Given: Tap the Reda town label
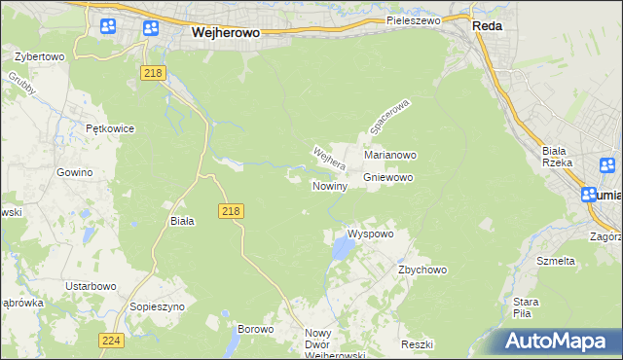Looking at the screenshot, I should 487,26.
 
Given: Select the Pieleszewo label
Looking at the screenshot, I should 413,19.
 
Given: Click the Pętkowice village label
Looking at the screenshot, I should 109,128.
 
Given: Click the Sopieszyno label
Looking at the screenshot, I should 157,306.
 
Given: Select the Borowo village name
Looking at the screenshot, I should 255,329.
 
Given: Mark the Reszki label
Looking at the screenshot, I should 416,344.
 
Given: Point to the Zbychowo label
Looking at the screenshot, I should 421,270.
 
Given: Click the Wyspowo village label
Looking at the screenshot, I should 370,234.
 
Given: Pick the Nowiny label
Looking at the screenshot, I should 329,186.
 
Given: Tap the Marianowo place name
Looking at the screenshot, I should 390,155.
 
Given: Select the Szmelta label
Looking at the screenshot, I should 556,261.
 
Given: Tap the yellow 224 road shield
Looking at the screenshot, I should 110,340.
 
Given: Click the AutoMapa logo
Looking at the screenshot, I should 558,342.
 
